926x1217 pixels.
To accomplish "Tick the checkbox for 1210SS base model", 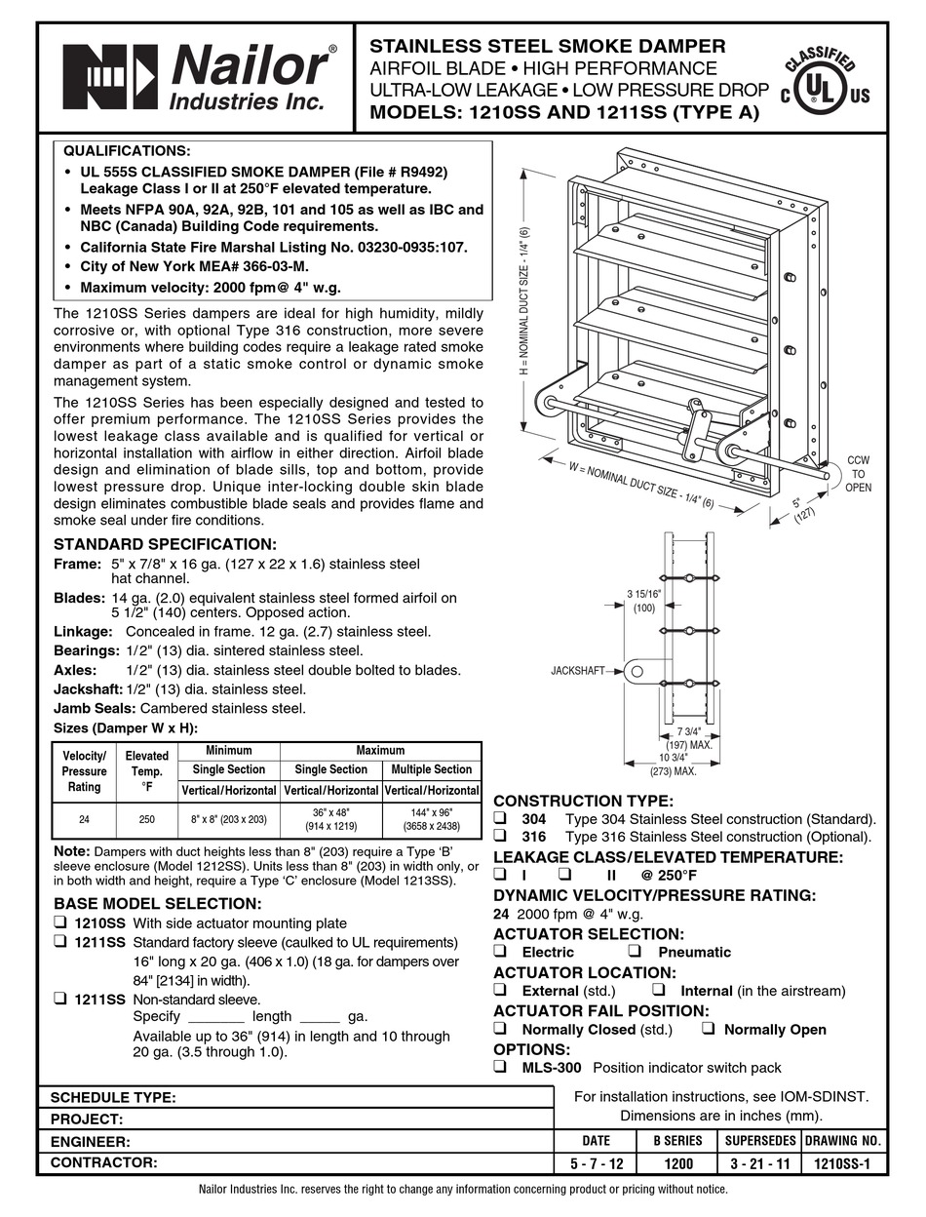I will point(60,923).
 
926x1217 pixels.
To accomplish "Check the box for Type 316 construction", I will point(500,837).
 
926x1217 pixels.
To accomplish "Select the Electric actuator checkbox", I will point(500,952).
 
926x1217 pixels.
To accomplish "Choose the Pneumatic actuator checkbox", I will point(636,952).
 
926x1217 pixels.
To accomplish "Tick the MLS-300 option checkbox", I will point(500,1068).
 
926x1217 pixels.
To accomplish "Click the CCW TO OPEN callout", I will point(858,473).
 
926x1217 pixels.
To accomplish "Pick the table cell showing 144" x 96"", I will point(432,818).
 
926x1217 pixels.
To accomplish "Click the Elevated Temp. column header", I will point(147,770).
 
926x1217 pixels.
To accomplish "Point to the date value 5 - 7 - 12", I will point(596,1163).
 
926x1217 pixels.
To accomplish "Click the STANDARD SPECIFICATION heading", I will point(165,544).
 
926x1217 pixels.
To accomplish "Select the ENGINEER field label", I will point(90,1141).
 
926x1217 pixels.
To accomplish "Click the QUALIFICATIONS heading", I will point(127,151).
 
